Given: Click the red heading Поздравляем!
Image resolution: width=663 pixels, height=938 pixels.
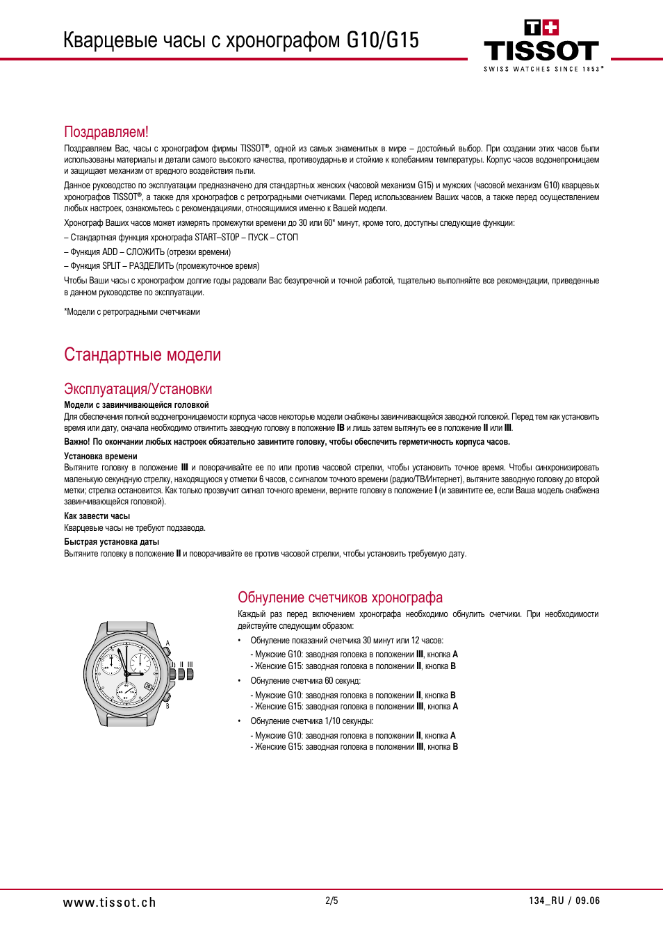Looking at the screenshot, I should pyautogui.click(x=106, y=132).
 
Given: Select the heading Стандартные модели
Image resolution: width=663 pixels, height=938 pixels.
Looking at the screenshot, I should pyautogui.click(x=142, y=355).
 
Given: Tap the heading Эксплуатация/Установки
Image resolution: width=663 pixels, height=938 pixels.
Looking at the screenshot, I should pyautogui.click(x=138, y=389).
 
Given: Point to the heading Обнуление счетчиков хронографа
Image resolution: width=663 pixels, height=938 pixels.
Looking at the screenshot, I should pyautogui.click(x=340, y=598).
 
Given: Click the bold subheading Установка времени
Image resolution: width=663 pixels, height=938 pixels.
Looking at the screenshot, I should pyautogui.click(x=101, y=456).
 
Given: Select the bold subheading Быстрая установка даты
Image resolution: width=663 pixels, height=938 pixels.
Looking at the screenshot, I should pyautogui.click(x=111, y=542).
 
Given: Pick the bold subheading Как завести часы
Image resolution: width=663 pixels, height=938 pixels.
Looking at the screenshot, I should pyautogui.click(x=97, y=516).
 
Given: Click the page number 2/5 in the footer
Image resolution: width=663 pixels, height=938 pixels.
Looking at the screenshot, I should pyautogui.click(x=331, y=900).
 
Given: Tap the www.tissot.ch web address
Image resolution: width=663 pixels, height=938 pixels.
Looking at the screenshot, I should pyautogui.click(x=109, y=902).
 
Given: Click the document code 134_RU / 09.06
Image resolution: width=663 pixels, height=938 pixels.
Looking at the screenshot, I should pyautogui.click(x=564, y=900).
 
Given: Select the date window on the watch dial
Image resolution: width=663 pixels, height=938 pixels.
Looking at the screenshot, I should pyautogui.click(x=148, y=686).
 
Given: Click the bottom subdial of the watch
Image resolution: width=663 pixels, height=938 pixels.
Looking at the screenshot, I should pyautogui.click(x=126, y=691).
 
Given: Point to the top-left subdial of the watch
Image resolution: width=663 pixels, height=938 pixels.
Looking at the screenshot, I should pyautogui.click(x=111, y=663).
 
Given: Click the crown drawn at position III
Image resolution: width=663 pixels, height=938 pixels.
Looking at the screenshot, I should pyautogui.click(x=190, y=673).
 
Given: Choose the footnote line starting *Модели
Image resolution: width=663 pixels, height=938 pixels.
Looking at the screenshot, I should pyautogui.click(x=132, y=312).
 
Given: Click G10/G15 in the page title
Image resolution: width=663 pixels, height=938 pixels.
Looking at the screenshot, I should pyautogui.click(x=382, y=40).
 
